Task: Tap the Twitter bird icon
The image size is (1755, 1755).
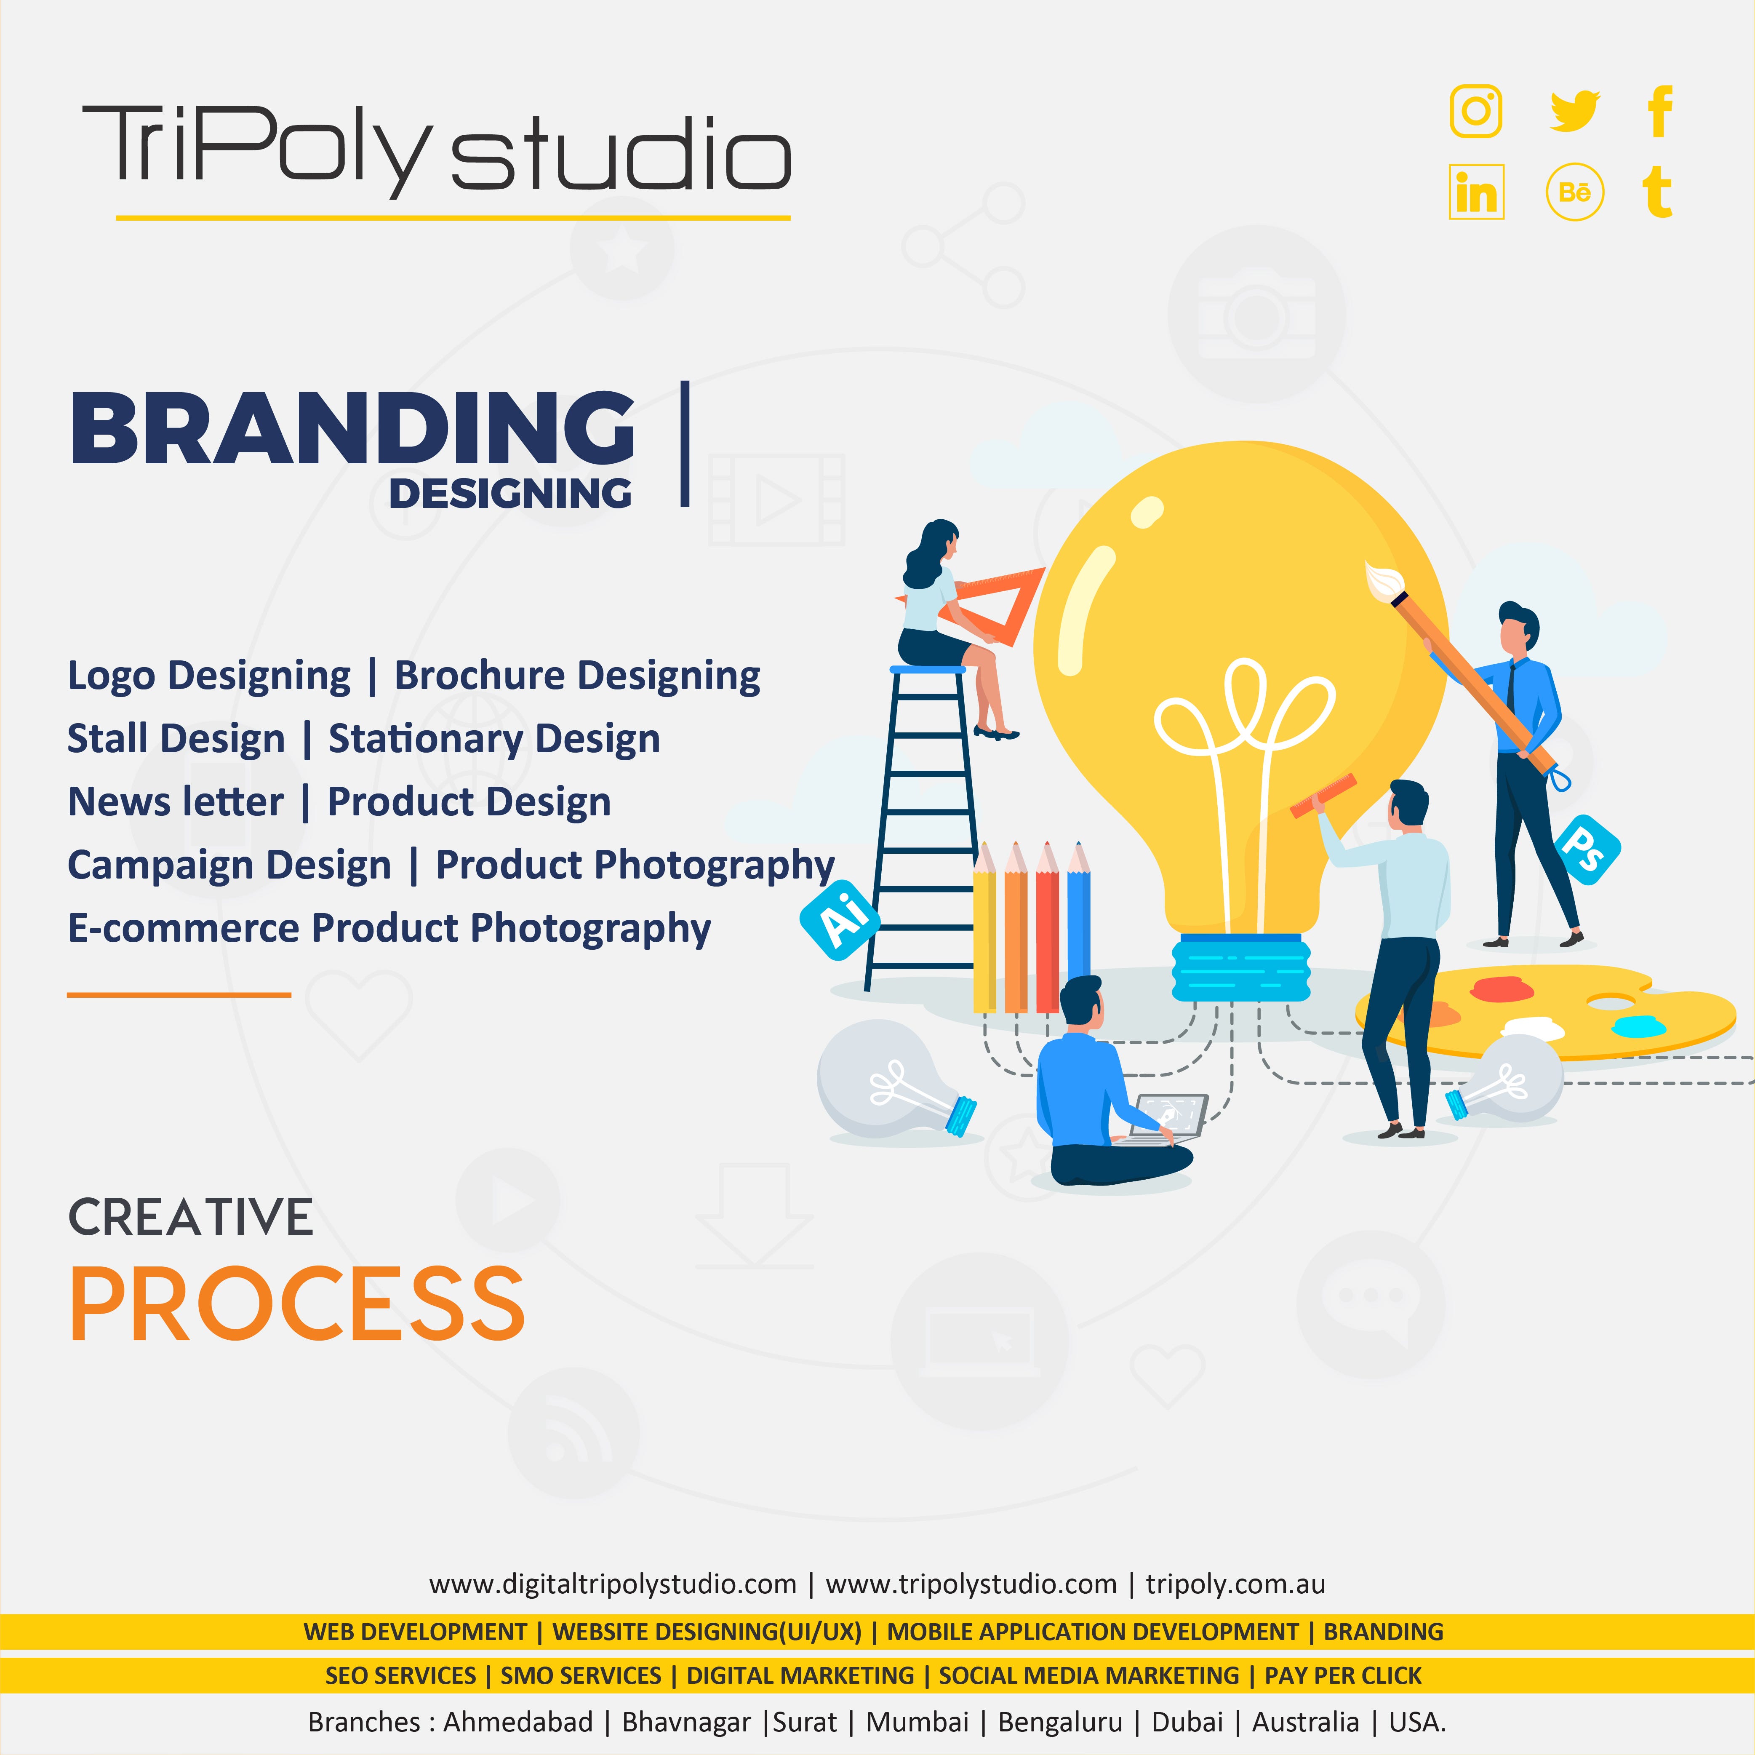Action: [1574, 111]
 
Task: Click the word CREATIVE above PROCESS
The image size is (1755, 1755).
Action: [191, 1217]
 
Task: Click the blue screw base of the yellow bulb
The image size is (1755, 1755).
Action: [1241, 967]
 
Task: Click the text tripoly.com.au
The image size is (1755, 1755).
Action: [1235, 1583]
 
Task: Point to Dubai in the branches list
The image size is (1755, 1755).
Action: [1187, 1721]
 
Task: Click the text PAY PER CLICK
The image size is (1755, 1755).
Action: [1343, 1675]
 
